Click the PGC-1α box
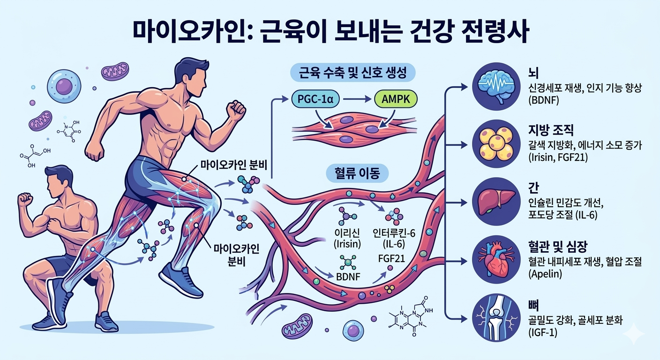coord(315,99)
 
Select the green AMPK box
coord(396,99)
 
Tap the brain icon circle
coord(496,86)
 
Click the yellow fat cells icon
coord(496,144)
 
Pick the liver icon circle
coord(496,202)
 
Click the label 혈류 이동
coord(357,173)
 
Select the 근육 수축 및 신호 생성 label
coord(352,73)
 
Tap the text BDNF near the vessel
coord(348,277)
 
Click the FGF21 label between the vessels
coord(391,259)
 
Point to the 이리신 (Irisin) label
coord(347,238)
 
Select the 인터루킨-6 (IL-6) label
coord(394,238)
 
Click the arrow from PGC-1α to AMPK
coord(357,99)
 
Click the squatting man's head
coord(58,181)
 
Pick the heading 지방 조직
coord(551,130)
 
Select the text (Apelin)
coord(545,274)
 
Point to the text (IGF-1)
coord(543,333)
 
